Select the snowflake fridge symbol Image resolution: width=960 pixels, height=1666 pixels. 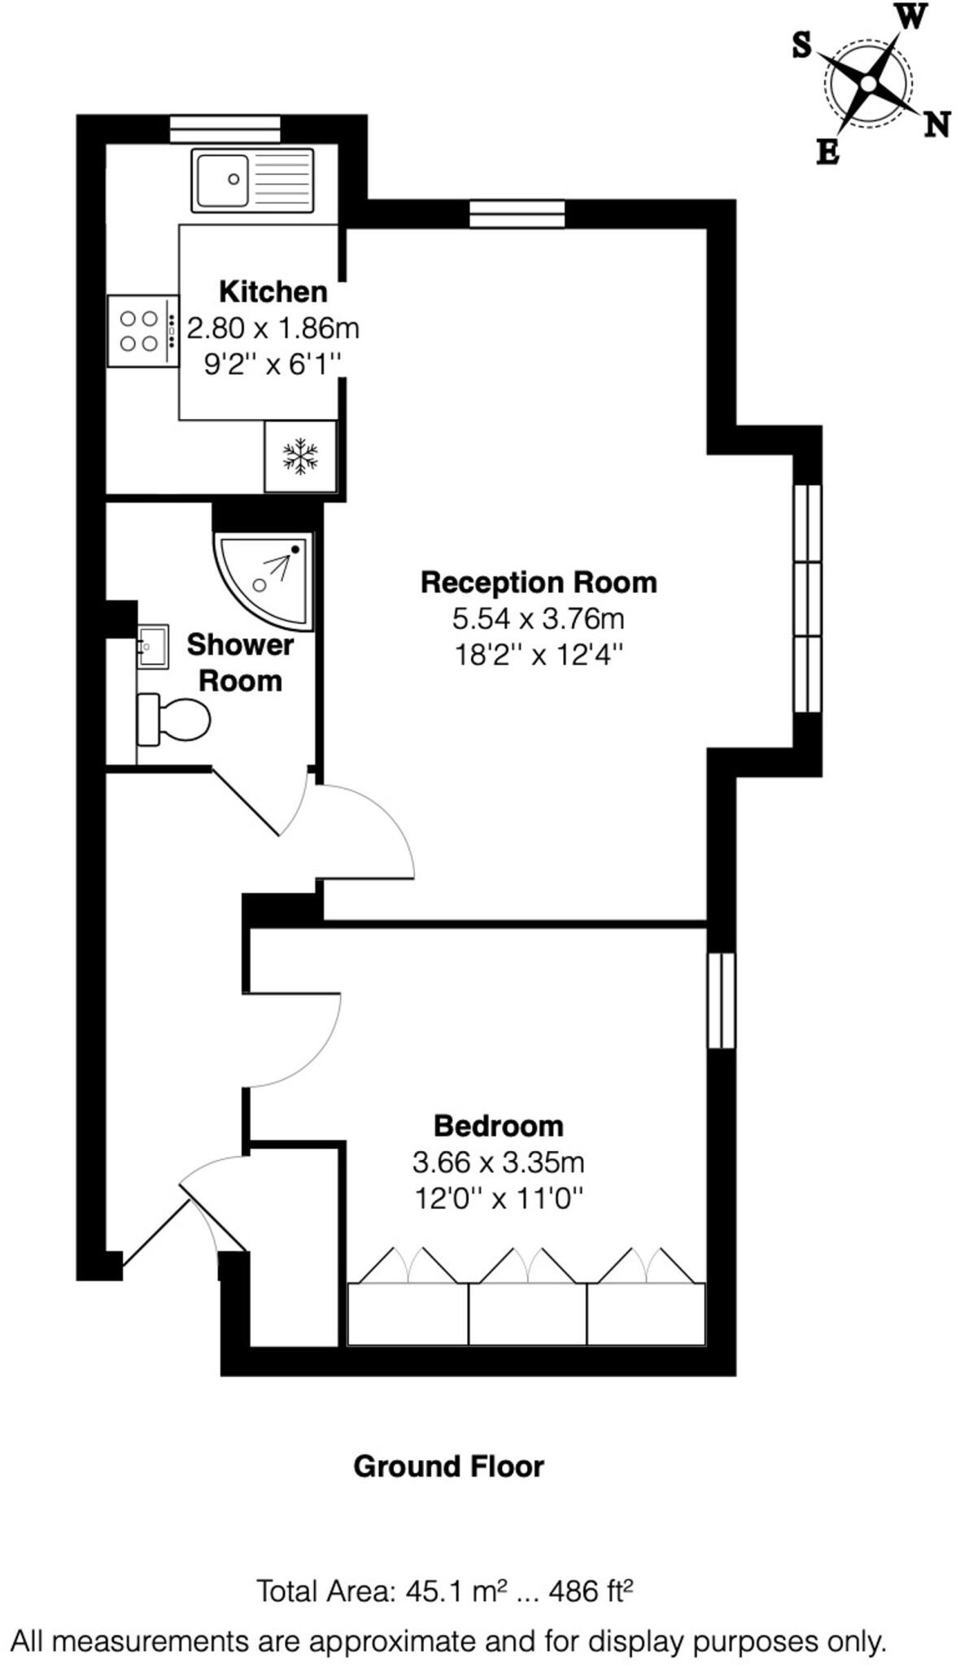tap(299, 456)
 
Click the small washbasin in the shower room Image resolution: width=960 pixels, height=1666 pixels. tap(152, 647)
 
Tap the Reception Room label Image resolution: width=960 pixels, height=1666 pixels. tap(538, 582)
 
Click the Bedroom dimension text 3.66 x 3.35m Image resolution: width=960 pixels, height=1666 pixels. tap(498, 1162)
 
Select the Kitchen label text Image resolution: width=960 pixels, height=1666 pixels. tap(273, 291)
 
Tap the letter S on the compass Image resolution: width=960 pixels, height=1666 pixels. tap(802, 46)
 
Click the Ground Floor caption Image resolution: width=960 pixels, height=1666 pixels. tap(448, 1467)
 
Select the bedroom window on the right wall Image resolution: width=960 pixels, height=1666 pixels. tap(721, 1001)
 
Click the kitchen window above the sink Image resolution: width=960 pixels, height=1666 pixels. tap(225, 129)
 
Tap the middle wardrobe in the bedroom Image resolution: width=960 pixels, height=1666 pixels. tap(527, 1313)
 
